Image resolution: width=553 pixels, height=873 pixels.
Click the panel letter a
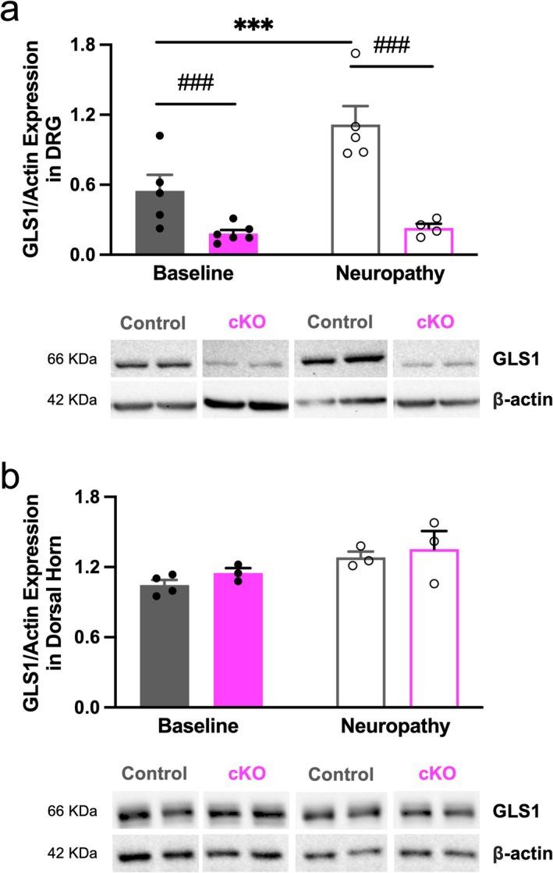(x=13, y=13)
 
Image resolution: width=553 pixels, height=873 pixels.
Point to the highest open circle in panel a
(x=356, y=54)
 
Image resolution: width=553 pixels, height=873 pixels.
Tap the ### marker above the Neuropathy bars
(x=392, y=48)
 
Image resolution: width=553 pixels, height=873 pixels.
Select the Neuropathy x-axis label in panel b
(x=395, y=727)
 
